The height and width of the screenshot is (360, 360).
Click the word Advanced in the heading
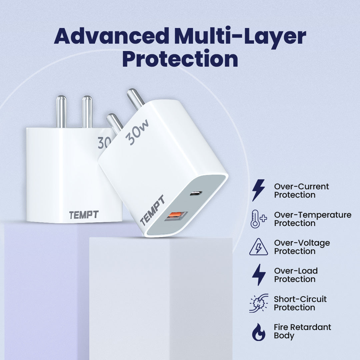(112, 36)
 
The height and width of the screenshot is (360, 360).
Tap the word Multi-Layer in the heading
(240, 37)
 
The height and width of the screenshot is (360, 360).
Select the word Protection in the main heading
(180, 58)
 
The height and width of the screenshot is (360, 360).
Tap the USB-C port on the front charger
(196, 193)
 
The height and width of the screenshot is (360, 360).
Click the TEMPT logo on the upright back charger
(84, 215)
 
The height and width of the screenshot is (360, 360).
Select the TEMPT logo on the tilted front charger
(152, 210)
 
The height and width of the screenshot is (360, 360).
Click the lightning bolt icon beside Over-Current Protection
(258, 190)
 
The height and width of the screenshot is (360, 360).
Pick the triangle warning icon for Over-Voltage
(259, 247)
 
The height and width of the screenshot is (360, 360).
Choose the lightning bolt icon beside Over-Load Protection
(259, 275)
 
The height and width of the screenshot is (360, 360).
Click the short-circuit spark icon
(259, 303)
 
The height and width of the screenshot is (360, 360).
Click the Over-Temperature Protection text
(313, 219)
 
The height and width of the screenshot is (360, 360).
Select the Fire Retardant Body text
(302, 331)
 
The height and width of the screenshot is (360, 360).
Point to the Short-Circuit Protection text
(300, 303)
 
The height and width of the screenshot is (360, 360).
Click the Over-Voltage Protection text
(302, 247)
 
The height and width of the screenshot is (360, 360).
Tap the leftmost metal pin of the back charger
(61, 112)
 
